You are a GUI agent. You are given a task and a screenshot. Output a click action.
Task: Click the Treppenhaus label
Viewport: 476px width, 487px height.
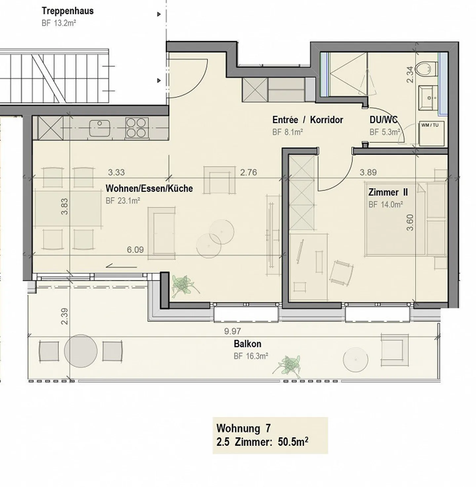pyautogui.click(x=67, y=11)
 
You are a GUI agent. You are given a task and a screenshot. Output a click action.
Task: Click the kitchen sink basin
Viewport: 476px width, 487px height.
pyautogui.click(x=99, y=128)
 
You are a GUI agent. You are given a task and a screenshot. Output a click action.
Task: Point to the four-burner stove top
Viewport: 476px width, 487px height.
pyautogui.click(x=137, y=128)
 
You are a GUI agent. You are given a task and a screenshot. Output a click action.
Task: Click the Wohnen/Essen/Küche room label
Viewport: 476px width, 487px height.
pyautogui.click(x=149, y=188)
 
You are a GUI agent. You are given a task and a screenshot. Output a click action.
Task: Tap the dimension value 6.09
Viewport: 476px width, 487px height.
pyautogui.click(x=135, y=250)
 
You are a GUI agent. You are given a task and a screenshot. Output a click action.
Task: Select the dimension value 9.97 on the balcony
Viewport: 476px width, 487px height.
pyautogui.click(x=232, y=331)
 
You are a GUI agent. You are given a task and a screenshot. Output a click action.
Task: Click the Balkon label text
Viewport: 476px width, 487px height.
pyautogui.click(x=247, y=344)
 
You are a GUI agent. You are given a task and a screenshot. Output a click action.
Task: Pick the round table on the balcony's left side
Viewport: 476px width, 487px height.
pyautogui.click(x=81, y=351)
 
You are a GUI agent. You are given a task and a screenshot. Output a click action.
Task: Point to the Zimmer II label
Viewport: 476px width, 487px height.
pyautogui.click(x=388, y=192)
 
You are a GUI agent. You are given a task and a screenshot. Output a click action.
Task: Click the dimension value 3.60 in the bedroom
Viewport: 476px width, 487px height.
pyautogui.click(x=410, y=223)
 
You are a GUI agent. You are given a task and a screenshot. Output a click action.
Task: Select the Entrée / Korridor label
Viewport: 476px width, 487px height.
pyautogui.click(x=307, y=120)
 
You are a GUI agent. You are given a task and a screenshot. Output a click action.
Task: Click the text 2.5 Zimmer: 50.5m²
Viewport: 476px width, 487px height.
pyautogui.click(x=262, y=442)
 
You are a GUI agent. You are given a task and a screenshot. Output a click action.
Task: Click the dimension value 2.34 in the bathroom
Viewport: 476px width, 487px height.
pyautogui.click(x=410, y=75)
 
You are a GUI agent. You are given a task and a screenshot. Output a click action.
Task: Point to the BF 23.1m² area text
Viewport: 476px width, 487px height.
pyautogui.click(x=123, y=201)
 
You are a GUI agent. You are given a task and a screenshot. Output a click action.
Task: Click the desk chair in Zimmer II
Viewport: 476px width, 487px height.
pyautogui.click(x=341, y=273)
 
